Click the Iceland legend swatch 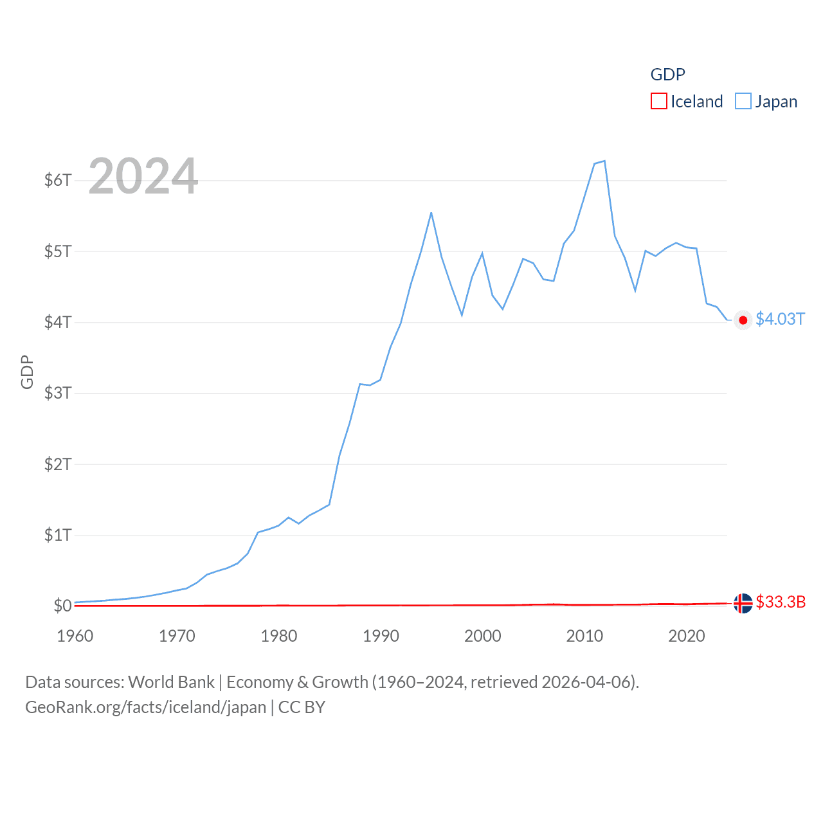point(659,102)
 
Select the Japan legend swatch point(743,102)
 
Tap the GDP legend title point(667,75)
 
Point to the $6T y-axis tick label point(58,180)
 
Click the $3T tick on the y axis point(58,393)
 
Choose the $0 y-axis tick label point(62,606)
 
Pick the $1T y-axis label point(58,535)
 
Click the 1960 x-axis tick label point(75,636)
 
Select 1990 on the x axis point(381,636)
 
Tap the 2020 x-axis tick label point(687,636)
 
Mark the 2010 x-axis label point(584,636)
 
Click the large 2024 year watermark point(143,176)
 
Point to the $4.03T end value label point(780,320)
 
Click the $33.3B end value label point(781,602)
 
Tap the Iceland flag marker point(743,603)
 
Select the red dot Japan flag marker point(743,320)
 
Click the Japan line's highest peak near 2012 point(604,161)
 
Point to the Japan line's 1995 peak point(431,213)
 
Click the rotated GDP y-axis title point(27,372)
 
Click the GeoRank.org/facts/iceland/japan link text point(146,707)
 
